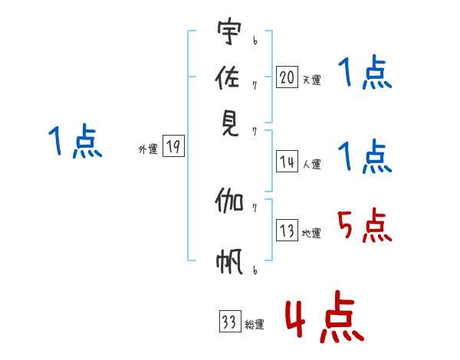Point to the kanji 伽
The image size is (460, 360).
229,203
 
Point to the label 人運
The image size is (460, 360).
311,164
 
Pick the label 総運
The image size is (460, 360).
255,325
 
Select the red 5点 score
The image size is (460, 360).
364,227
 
